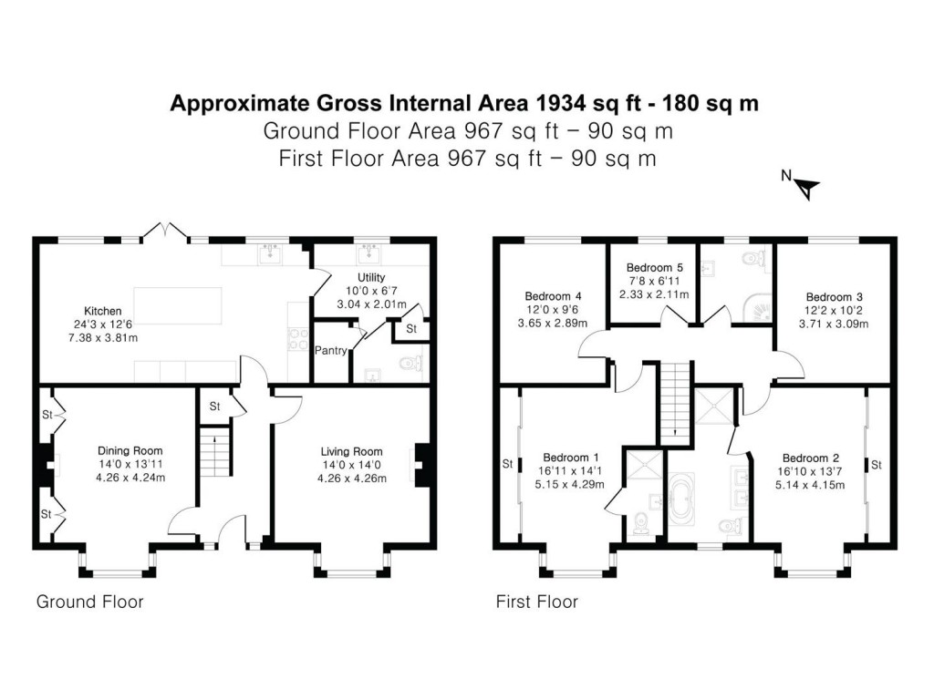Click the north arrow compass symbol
point(807,188)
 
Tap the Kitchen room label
point(104,312)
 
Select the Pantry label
point(328,350)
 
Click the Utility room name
point(371,277)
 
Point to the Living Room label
point(351,451)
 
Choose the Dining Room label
point(130,450)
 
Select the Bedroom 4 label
point(554,297)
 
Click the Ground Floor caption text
point(89,602)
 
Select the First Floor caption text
point(536,602)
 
